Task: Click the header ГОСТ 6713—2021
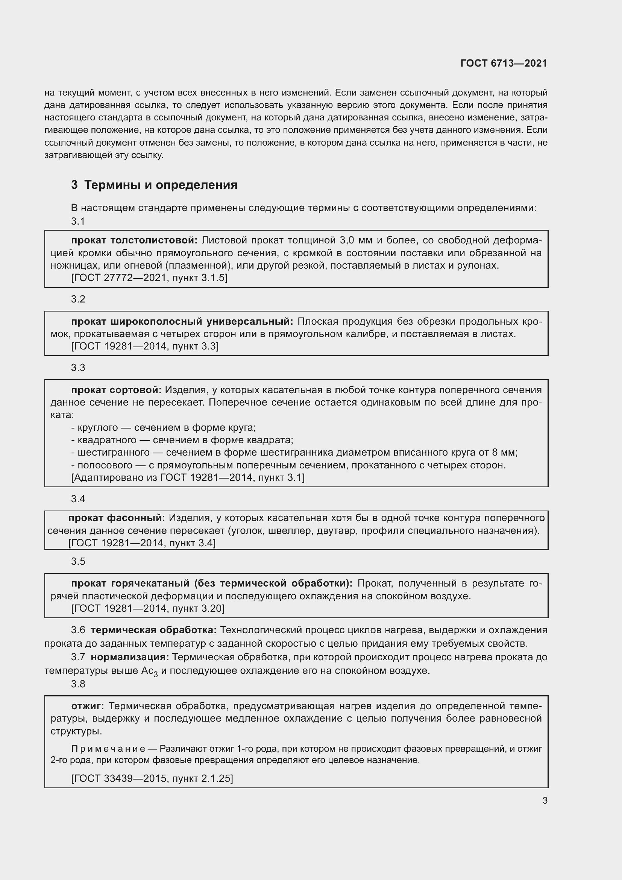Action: [503, 63]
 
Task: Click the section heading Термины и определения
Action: [161, 185]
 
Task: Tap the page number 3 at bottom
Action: [545, 800]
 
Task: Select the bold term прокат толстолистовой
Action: [134, 240]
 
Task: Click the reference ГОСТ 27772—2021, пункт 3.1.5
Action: [149, 278]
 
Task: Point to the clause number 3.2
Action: [78, 299]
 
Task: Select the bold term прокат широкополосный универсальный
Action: [182, 321]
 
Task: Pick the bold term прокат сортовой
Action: [117, 390]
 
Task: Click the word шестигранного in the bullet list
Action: [113, 452]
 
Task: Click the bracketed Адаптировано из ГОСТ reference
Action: [188, 477]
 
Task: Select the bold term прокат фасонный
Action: [117, 518]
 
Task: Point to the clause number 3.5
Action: [78, 561]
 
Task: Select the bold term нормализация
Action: [129, 657]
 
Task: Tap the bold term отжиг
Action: [87, 706]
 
